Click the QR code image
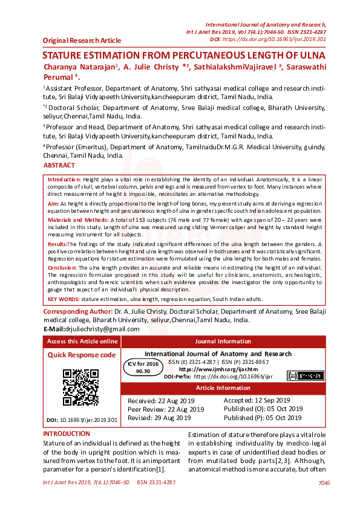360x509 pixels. click(80, 387)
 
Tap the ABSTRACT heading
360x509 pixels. click(59, 165)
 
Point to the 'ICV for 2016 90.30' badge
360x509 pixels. click(143, 368)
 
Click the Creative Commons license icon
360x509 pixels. click(306, 375)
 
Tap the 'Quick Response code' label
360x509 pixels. click(82, 355)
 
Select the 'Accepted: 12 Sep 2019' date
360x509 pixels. click(257, 400)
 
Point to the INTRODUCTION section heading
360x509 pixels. click(67, 433)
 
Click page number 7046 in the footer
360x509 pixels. click(324, 482)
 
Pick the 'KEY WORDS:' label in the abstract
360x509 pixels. click(64, 299)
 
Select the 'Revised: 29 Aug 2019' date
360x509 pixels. click(159, 418)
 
